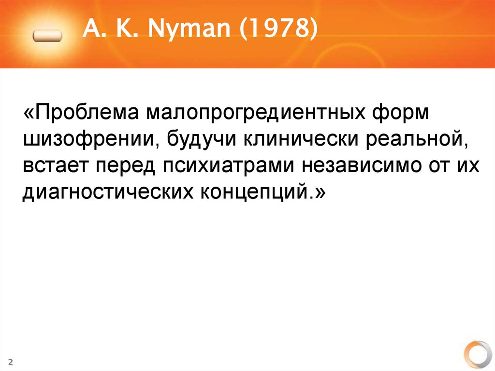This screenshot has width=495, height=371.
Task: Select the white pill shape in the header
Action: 47,36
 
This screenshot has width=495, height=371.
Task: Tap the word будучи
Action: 202,140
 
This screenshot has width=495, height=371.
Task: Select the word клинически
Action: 300,140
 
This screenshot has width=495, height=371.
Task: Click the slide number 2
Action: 10,362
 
